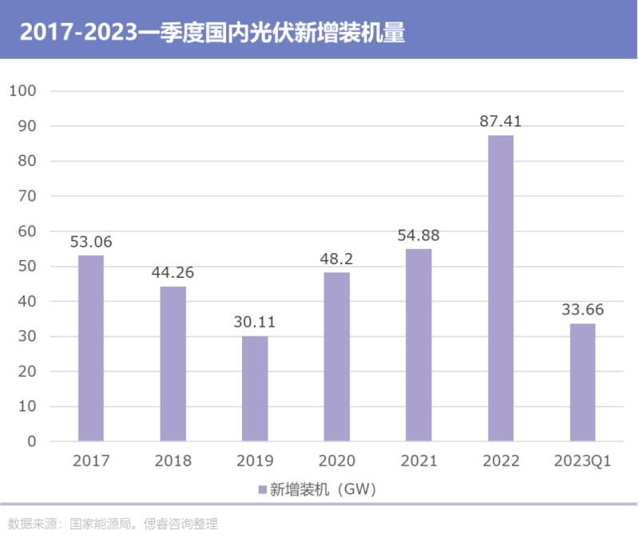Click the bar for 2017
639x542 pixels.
[91, 347]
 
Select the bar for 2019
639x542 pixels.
[255, 388]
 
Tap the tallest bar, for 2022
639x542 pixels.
[500, 287]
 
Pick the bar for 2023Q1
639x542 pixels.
[582, 382]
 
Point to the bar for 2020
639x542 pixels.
[336, 356]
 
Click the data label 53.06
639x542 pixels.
[91, 242]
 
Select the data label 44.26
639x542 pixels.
[173, 273]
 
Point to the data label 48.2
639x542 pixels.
[336, 259]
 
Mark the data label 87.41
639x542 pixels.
[500, 122]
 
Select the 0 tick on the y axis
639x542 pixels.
[33, 441]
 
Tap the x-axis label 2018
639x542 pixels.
[173, 461]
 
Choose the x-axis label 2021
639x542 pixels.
[419, 461]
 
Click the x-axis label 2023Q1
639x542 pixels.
[582, 461]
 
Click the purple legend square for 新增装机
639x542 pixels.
[261, 489]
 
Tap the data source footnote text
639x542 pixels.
[113, 524]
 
